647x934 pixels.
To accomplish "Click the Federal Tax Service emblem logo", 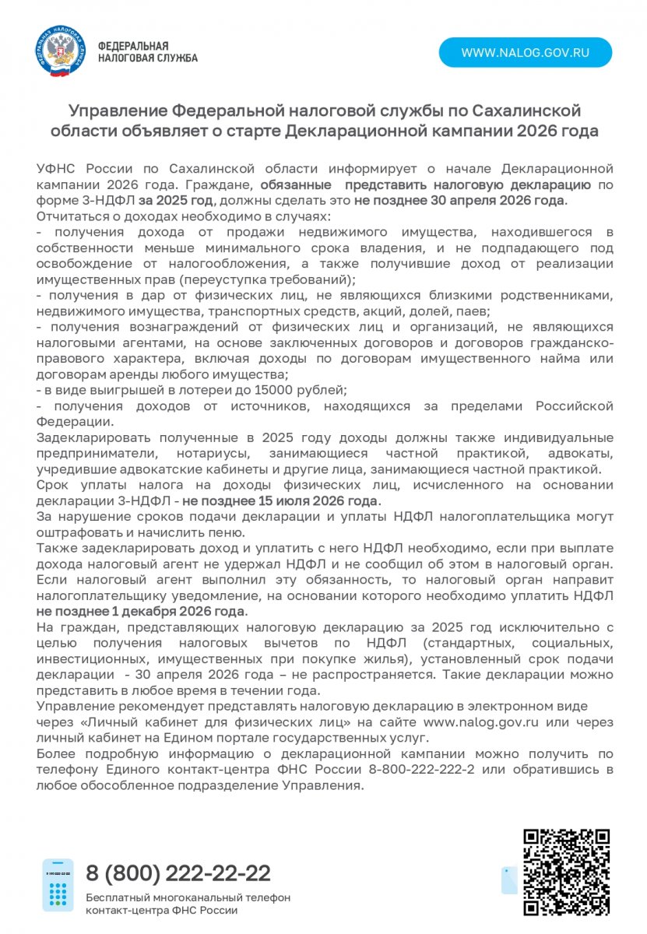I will pyautogui.click(x=60, y=51).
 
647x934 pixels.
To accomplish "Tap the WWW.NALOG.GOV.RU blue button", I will pyautogui.click(x=525, y=53).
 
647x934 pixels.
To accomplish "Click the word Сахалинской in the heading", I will pyautogui.click(x=522, y=111).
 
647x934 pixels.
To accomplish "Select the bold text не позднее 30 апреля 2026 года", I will pyautogui.click(x=459, y=200).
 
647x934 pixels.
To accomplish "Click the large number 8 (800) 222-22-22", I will pyautogui.click(x=178, y=872).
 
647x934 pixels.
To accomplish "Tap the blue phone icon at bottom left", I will pyautogui.click(x=58, y=885).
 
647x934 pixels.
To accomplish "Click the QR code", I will pyautogui.click(x=565, y=873).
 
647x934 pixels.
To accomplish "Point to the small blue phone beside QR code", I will pyautogui.click(x=508, y=880).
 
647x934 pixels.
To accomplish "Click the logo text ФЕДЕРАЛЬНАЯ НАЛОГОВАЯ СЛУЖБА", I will pyautogui.click(x=147, y=52).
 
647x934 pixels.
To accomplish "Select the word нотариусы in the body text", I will pyautogui.click(x=206, y=452).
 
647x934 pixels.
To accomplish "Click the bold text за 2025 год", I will pyautogui.click(x=181, y=200).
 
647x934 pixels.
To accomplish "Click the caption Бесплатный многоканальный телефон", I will pyautogui.click(x=188, y=897).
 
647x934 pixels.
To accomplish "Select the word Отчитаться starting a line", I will pyautogui.click(x=69, y=216).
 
